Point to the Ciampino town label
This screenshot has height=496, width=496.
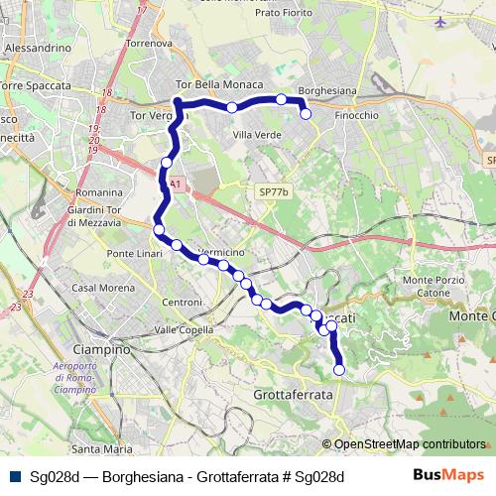pyautogui.click(x=104, y=349)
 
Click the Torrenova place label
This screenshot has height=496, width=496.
pyautogui.click(x=149, y=44)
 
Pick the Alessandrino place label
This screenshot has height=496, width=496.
pyautogui.click(x=37, y=47)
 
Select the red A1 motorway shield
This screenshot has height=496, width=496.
pyautogui.click(x=175, y=184)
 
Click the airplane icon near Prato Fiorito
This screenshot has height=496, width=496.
pyautogui.click(x=441, y=20)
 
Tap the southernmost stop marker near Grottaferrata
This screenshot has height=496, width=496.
pyautogui.click(x=339, y=370)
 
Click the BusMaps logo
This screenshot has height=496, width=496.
pyautogui.click(x=449, y=474)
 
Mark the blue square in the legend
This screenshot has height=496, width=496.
pyautogui.click(x=15, y=475)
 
